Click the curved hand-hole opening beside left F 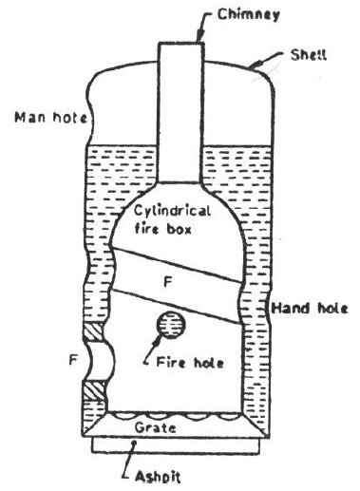[98, 361]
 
